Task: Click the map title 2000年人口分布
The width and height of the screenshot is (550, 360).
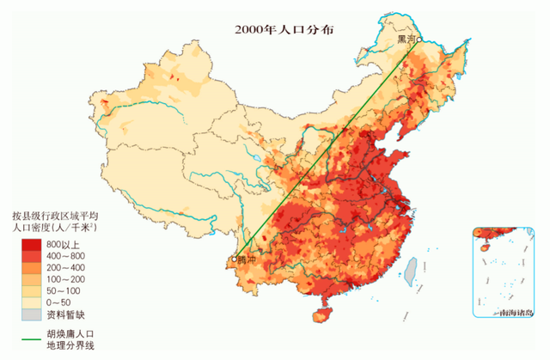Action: [x=284, y=28]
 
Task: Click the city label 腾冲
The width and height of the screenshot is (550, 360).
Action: [x=248, y=262]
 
